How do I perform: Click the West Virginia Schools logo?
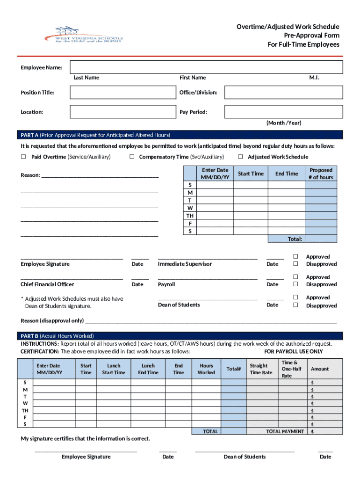coord(83,34)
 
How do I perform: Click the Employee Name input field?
coord(206,67)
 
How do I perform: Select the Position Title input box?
coord(122,92)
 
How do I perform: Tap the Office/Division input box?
coord(283,92)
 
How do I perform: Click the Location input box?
coord(122,112)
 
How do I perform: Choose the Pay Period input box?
coord(283,112)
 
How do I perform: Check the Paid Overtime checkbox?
coord(23,157)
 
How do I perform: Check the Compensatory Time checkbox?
coord(132,157)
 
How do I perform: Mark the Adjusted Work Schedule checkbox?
coord(241,157)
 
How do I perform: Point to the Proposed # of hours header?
coord(320,174)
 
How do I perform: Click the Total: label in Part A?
coord(295,239)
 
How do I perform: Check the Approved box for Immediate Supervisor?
coord(295,256)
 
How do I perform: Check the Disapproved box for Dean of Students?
coord(295,305)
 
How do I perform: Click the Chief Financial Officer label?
coord(47,284)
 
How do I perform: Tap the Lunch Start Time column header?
coord(114,369)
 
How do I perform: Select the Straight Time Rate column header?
coord(260,369)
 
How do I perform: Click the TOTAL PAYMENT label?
coord(285,431)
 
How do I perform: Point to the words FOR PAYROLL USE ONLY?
coord(293,351)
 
